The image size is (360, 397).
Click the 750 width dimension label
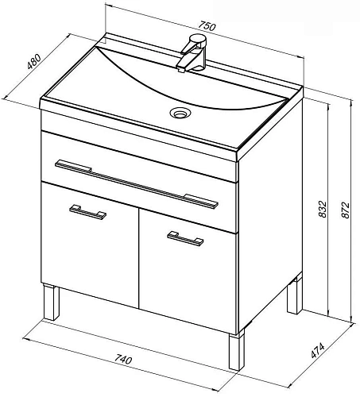click(207, 26)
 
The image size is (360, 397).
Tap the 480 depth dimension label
click(34, 61)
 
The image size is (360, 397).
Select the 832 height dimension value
click(323, 210)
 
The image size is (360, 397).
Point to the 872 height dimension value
click(345, 210)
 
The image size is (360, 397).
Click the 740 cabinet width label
click(123, 359)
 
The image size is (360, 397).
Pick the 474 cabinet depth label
click(317, 351)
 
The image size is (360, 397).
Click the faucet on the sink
click(193, 53)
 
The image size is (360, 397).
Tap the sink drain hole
click(180, 113)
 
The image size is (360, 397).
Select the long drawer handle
click(137, 184)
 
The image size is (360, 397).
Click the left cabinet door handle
click(87, 212)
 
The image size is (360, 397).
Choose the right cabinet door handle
click(185, 238)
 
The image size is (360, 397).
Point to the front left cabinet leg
click(52, 303)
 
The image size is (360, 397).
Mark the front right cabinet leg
click(237, 350)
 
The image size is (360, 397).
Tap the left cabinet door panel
click(90, 245)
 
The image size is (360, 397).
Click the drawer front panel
click(138, 183)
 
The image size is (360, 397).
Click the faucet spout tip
click(181, 70)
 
